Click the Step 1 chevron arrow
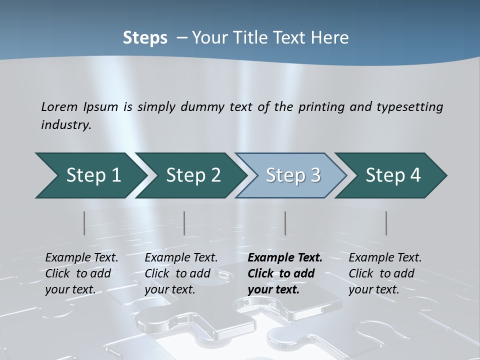point(90,175)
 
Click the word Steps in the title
point(145,38)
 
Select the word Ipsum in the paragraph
point(102,107)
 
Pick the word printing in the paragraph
point(320,107)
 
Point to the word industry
point(66,124)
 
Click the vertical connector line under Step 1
point(84,223)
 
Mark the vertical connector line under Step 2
point(184,223)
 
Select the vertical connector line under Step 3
point(285,223)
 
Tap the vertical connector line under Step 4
point(386,223)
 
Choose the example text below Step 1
point(81,273)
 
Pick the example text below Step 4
point(385,273)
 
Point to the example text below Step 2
point(181,273)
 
